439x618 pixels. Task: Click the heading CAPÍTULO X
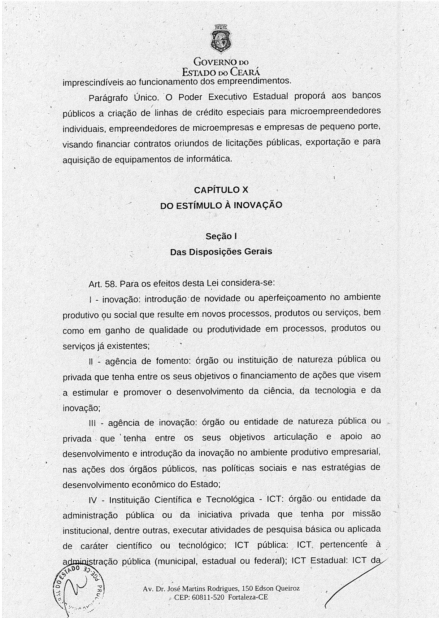click(x=221, y=190)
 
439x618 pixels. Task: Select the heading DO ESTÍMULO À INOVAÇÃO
click(x=221, y=205)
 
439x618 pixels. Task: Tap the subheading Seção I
click(x=221, y=236)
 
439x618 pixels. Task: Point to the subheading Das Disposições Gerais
click(x=221, y=251)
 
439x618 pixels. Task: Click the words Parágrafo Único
click(x=124, y=98)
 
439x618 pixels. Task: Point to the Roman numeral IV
click(x=93, y=500)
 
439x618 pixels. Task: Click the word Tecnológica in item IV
click(x=230, y=500)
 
